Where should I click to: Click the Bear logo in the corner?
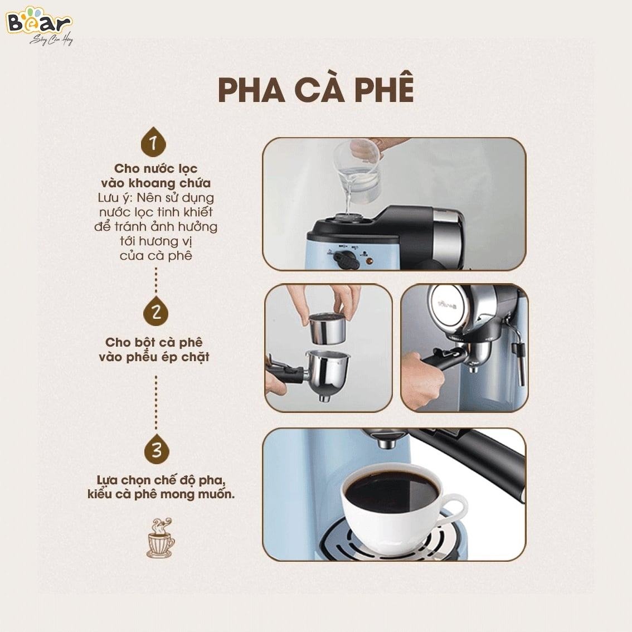[40, 25]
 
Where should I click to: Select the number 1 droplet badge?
[153, 142]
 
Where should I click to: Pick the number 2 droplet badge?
[156, 311]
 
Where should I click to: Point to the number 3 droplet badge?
[157, 449]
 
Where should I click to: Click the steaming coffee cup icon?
[161, 538]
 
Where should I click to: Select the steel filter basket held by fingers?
[327, 328]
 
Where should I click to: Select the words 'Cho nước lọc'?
[155, 168]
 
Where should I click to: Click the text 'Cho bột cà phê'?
[154, 342]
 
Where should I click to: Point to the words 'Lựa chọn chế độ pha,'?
[161, 480]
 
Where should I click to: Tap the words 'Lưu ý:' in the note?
[116, 197]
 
